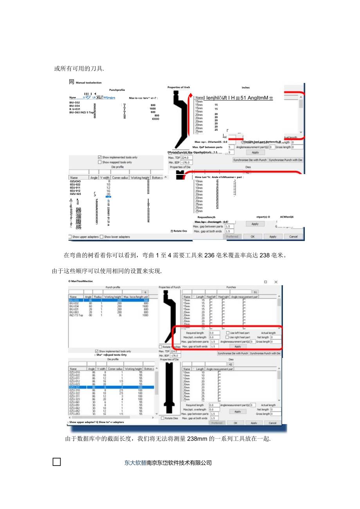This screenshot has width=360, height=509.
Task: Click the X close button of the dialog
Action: tap(275, 282)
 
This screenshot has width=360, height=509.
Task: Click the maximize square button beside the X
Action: tap(265, 282)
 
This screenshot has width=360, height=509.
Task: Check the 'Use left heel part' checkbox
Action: tap(228, 333)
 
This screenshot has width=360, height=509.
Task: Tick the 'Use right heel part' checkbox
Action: tap(228, 337)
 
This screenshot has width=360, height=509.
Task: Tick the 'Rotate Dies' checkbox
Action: tap(163, 418)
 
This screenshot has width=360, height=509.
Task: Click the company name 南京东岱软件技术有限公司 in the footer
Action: tap(179, 463)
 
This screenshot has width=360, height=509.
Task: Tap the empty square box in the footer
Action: tap(57, 462)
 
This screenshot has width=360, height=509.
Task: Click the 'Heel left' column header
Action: tap(211, 297)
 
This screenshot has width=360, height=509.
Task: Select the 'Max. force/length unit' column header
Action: tap(135, 297)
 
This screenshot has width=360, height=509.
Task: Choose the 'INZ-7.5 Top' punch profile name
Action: tap(76, 315)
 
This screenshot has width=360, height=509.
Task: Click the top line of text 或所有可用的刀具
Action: tap(79, 69)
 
